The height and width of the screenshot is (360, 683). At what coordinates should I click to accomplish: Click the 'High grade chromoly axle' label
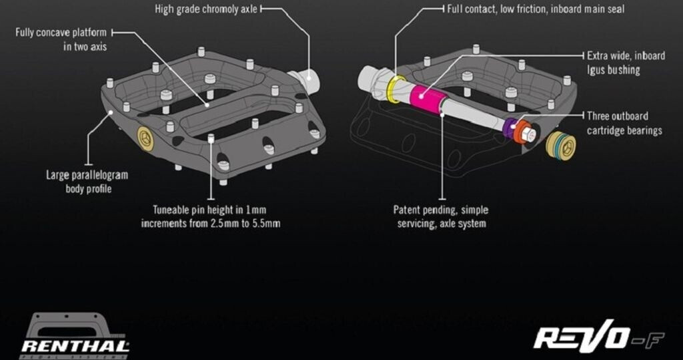(205, 9)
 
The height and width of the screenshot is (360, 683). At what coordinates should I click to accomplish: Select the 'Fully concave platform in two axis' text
(61, 39)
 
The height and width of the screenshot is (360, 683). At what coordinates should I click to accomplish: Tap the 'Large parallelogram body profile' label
(87, 182)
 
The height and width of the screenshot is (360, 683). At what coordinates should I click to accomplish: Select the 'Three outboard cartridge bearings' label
(624, 123)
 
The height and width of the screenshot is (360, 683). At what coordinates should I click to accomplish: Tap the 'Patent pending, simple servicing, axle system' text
(441, 216)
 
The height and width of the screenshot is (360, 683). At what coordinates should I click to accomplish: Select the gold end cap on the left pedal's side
(145, 137)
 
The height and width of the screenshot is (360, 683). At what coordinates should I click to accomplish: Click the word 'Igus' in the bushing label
(597, 69)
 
